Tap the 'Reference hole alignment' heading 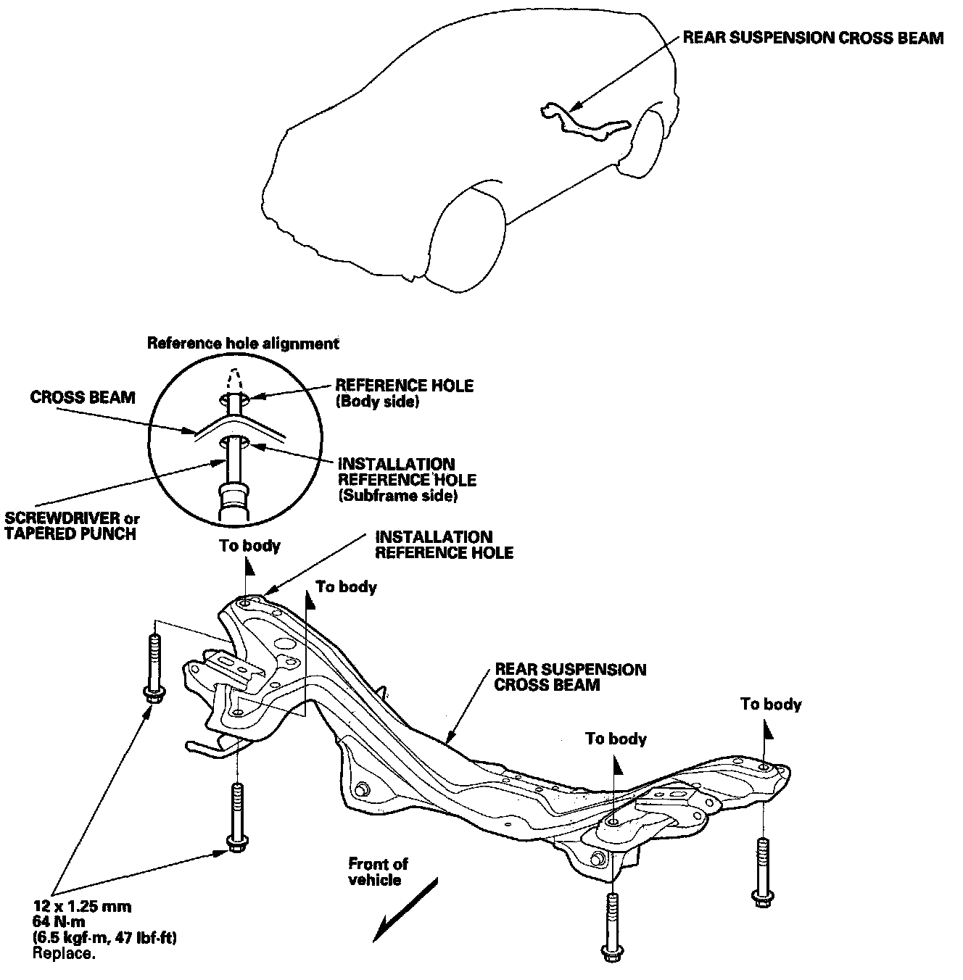tap(243, 343)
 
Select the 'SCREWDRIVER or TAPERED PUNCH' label tap(73, 526)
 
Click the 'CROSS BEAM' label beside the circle tap(83, 397)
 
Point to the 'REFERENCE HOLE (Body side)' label tap(404, 393)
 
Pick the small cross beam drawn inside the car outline tap(584, 122)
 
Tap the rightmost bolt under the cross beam tap(761, 872)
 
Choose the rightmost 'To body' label tap(771, 704)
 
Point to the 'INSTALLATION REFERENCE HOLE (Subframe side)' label tap(407, 480)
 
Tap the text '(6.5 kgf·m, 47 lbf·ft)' tap(105, 938)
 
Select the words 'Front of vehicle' tap(378, 871)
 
